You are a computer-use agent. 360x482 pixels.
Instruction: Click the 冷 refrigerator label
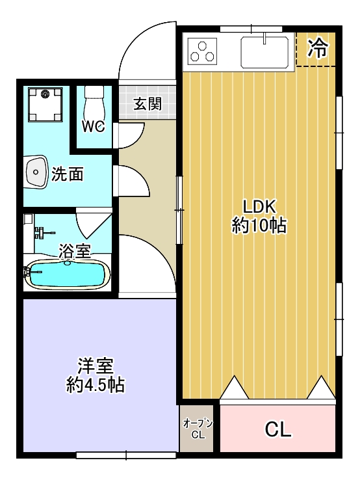(318, 49)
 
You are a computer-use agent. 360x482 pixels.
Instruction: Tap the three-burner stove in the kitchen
(202, 51)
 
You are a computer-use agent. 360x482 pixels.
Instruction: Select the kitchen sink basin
(264, 51)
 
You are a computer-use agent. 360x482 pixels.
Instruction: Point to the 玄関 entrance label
(148, 104)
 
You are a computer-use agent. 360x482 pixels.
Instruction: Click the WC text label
(94, 126)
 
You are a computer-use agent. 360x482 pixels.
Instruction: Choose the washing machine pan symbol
(45, 104)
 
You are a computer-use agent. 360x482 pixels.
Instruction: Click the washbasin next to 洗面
(36, 172)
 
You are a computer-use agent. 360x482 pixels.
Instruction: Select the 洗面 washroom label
(68, 174)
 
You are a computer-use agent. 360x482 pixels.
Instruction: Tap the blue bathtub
(68, 274)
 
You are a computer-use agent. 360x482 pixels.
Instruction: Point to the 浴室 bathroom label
(75, 251)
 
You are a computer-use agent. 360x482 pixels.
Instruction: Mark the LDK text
(260, 207)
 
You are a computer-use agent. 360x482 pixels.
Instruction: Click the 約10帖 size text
(259, 226)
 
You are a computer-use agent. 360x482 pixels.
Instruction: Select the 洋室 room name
(96, 365)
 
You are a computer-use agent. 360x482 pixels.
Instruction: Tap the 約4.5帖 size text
(96, 384)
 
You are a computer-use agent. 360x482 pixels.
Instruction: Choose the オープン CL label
(198, 429)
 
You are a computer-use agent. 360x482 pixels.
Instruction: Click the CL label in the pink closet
(278, 429)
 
